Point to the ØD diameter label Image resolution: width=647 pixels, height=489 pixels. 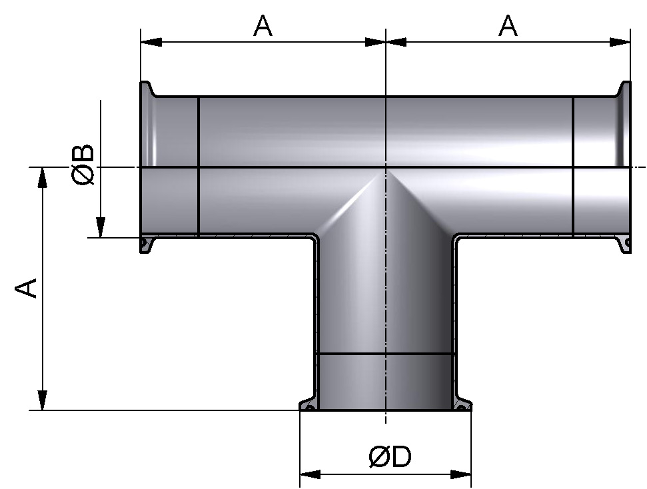[390, 458]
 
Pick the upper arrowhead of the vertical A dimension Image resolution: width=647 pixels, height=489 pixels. [43, 178]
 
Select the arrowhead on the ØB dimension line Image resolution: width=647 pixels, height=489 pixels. [100, 227]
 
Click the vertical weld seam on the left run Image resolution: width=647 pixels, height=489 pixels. [199, 166]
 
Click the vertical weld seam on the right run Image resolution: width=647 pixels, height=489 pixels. [573, 166]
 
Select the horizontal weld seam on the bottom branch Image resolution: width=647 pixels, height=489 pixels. [385, 354]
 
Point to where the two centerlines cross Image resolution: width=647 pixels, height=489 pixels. [386, 167]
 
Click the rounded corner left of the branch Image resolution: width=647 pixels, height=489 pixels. [315, 239]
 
